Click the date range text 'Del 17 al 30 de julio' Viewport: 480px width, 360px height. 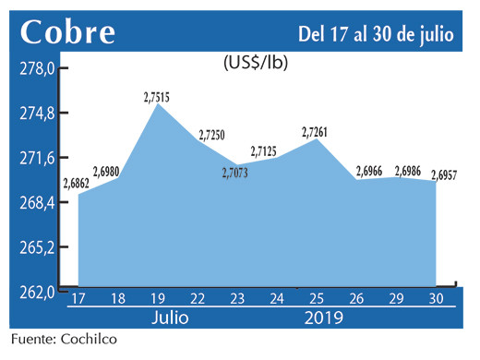(x=376, y=34)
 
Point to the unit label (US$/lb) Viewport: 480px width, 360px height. (x=254, y=64)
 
